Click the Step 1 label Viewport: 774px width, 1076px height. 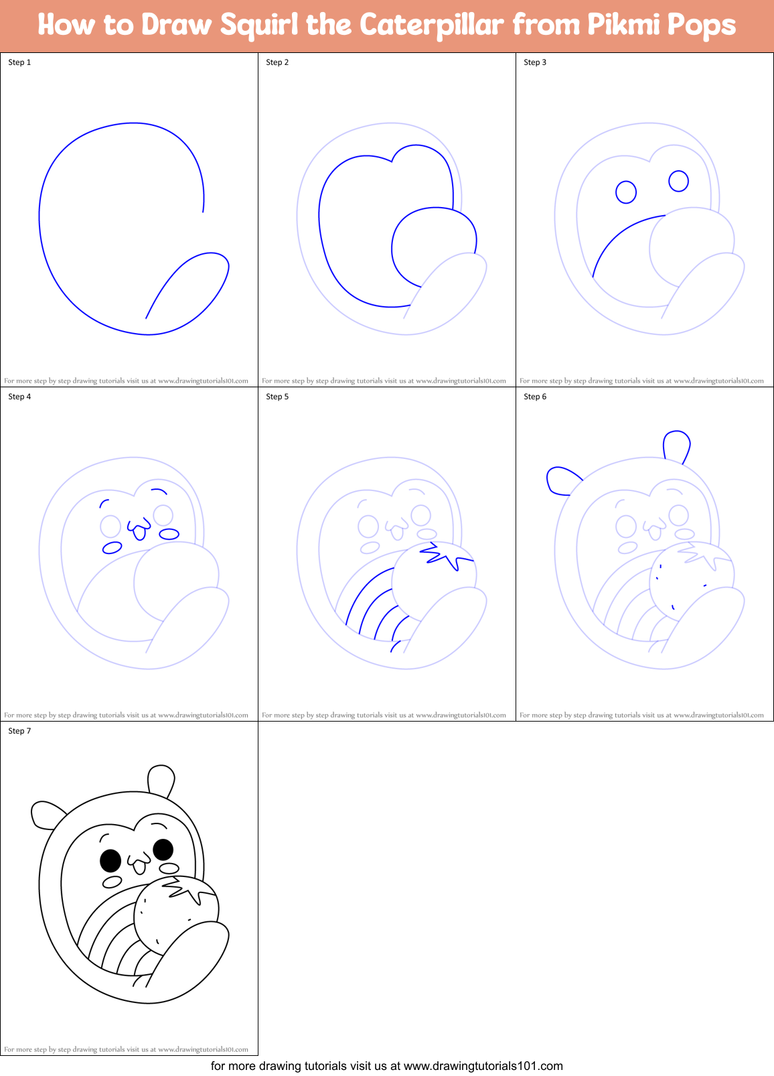point(19,62)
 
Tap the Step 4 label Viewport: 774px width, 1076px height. point(19,397)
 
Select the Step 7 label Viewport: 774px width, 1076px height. point(19,731)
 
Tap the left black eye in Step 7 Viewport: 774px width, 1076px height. point(110,859)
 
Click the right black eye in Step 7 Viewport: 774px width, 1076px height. point(163,850)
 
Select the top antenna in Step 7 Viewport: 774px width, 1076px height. point(161,779)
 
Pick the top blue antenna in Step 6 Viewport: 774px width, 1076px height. point(676,446)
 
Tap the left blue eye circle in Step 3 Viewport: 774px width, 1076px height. point(626,192)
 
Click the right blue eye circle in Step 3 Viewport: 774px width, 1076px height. point(678,181)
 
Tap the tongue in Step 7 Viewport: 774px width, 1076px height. point(139,868)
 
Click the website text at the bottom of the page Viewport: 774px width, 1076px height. point(386,1066)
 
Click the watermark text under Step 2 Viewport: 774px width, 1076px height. point(384,381)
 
